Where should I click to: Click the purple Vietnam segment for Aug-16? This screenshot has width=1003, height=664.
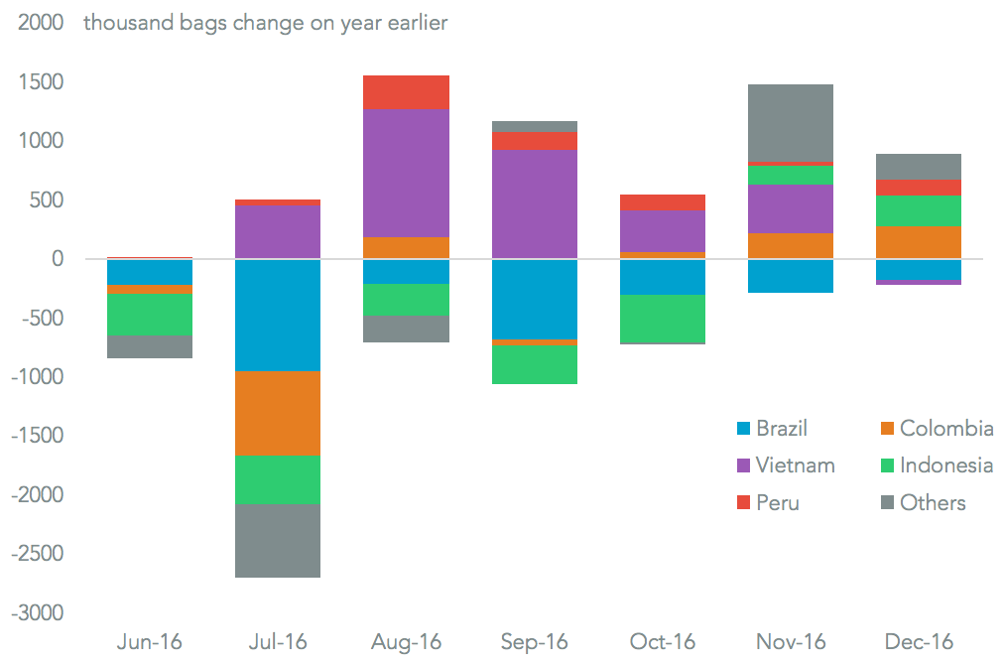(x=406, y=173)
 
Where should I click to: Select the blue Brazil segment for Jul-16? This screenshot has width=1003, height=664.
(x=278, y=315)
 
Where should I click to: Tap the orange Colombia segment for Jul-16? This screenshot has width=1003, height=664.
(x=278, y=413)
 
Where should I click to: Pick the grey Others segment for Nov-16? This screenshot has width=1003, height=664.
(x=790, y=123)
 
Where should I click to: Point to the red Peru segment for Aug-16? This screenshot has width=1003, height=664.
(x=406, y=91)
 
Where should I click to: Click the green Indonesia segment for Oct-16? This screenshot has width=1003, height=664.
(x=662, y=319)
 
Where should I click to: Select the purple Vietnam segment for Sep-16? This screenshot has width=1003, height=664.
(x=534, y=204)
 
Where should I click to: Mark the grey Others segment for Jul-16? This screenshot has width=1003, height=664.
(x=278, y=540)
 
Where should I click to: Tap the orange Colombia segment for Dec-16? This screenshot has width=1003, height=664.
(x=918, y=242)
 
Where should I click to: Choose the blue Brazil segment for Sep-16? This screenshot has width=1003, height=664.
(x=534, y=299)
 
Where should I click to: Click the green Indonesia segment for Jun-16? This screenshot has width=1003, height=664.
(x=150, y=314)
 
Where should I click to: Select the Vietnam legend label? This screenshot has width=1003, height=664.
(x=795, y=465)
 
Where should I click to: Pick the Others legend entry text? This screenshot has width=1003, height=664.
(x=932, y=502)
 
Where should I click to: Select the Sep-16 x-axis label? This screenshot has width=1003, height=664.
(x=534, y=641)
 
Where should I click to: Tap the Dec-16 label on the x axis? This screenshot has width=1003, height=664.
(x=918, y=641)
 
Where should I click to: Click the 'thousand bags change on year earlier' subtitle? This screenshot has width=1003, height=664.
(x=265, y=23)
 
